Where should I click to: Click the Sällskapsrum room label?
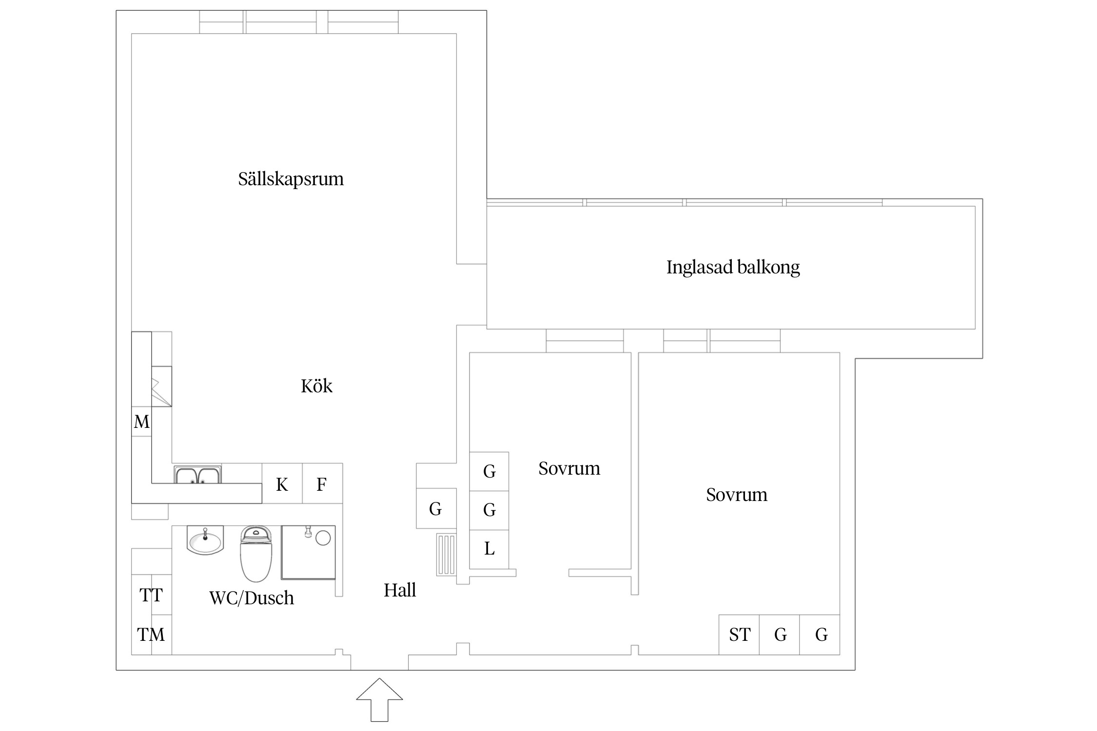pyautogui.click(x=291, y=179)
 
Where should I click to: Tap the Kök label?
pyautogui.click(x=316, y=386)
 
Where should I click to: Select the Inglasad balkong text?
pyautogui.click(x=733, y=267)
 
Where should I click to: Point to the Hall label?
pyautogui.click(x=400, y=590)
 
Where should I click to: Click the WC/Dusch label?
pyautogui.click(x=252, y=598)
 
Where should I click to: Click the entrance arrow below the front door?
pyautogui.click(x=379, y=699)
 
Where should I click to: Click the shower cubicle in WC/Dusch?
pyautogui.click(x=308, y=552)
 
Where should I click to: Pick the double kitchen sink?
pyautogui.click(x=197, y=475)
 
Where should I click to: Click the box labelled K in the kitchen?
pyautogui.click(x=282, y=484)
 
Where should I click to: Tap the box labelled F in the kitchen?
pyautogui.click(x=322, y=484)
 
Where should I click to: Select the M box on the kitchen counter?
pyautogui.click(x=141, y=422)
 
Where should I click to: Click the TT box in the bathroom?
pyautogui.click(x=151, y=595)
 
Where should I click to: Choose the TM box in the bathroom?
pyautogui.click(x=151, y=635)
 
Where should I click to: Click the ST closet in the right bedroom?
pyautogui.click(x=739, y=635)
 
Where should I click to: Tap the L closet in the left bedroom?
pyautogui.click(x=489, y=549)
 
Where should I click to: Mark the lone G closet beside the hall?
pyautogui.click(x=435, y=509)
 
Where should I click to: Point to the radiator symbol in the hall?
pyautogui.click(x=446, y=555)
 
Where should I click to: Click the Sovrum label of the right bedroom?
pyautogui.click(x=736, y=495)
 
